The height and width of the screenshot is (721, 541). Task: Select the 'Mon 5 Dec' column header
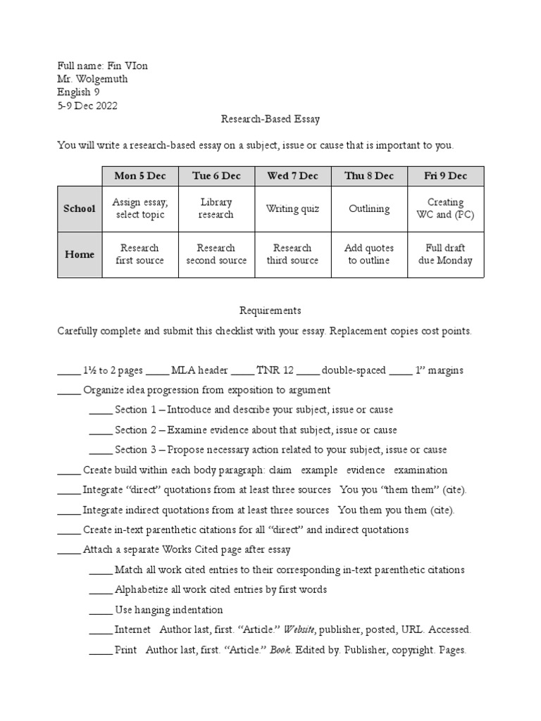point(139,176)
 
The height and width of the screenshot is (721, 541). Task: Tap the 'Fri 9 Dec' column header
point(445,176)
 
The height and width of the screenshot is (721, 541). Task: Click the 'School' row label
point(80,208)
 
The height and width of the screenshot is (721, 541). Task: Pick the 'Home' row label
point(80,254)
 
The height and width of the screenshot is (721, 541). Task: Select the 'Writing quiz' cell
point(292,208)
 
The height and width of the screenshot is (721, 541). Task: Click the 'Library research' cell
point(216,208)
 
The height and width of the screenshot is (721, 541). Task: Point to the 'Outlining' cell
point(369,208)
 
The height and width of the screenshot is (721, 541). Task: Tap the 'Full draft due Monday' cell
point(445,254)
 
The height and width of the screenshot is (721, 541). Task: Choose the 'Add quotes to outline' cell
point(369,254)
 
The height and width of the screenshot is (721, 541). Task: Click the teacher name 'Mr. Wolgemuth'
point(92,79)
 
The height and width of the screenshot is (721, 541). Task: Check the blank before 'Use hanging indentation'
point(101,610)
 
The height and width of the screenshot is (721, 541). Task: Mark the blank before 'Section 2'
point(101,430)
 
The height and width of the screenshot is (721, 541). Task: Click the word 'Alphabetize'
point(141,590)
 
